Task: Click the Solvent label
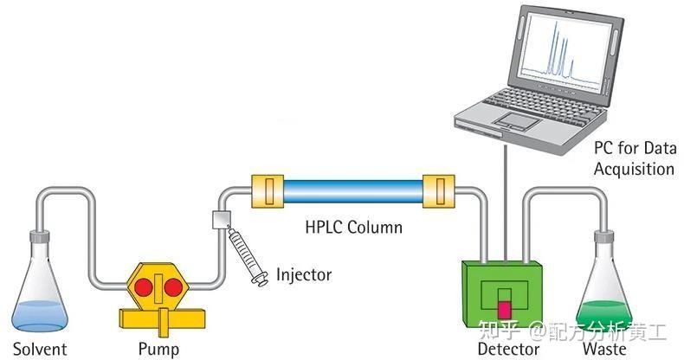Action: tap(40, 350)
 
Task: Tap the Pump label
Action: tap(158, 350)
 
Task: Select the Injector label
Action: tap(304, 276)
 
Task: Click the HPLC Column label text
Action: tap(353, 228)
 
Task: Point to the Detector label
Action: tap(508, 350)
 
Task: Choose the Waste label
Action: tap(603, 350)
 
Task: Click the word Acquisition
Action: tap(634, 169)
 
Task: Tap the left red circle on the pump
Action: tap(144, 286)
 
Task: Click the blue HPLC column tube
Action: tap(352, 189)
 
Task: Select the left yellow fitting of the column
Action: tap(267, 189)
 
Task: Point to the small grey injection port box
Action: tap(222, 220)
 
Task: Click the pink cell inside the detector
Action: tap(505, 308)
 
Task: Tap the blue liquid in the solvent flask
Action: tap(39, 313)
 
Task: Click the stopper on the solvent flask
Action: tap(40, 235)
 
